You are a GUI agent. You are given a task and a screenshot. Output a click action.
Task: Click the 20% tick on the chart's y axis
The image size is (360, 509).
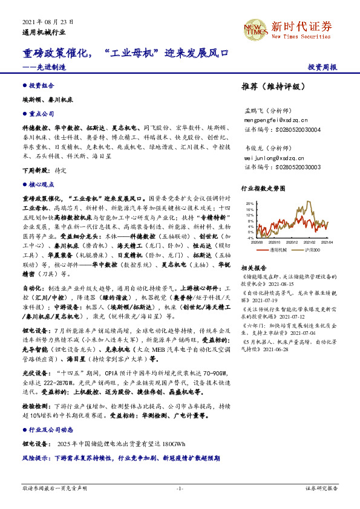coord(250,204)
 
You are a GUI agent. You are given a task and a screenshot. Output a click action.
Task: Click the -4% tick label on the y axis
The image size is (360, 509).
coord(250,238)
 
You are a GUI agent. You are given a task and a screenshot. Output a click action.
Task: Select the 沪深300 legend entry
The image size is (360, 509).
coord(313,249)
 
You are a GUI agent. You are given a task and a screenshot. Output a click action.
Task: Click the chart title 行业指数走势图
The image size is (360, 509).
coord(263,189)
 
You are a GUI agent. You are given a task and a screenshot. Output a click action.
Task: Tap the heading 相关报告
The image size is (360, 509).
coord(253,267)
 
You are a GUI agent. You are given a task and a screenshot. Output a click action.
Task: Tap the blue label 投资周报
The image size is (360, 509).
coord(323,67)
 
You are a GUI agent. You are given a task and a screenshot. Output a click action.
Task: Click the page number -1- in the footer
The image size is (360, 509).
coord(180,487)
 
